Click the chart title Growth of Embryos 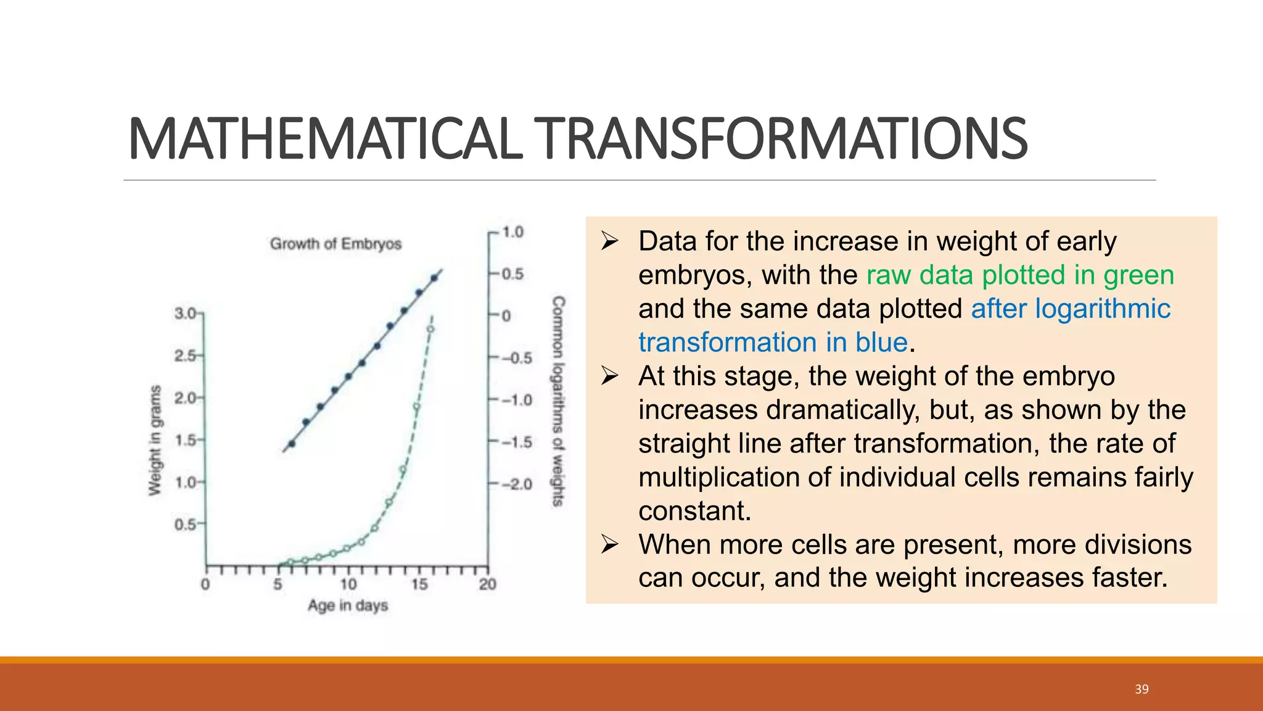pos(335,244)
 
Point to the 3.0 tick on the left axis pos(186,314)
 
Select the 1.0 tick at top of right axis pos(512,232)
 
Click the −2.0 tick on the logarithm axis pos(517,484)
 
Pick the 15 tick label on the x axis pos(419,584)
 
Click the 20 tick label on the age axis pos(487,584)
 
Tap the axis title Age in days pos(348,605)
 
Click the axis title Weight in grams pos(155,440)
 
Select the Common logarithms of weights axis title pos(557,401)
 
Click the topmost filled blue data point pos(434,278)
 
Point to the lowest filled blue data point pos(292,444)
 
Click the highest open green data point pos(430,329)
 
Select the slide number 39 pos(1142,689)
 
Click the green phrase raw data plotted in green pos(1020,275)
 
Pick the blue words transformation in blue pos(773,343)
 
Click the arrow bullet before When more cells pos(609,544)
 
